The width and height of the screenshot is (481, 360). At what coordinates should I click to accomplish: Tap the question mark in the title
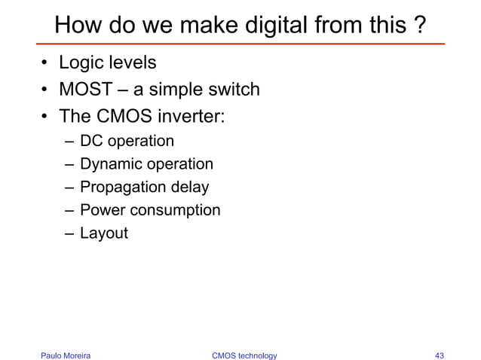tap(418, 26)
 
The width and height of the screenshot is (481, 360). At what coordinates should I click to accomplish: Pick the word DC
tap(91, 141)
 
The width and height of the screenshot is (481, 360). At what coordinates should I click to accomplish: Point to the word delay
tap(188, 187)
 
